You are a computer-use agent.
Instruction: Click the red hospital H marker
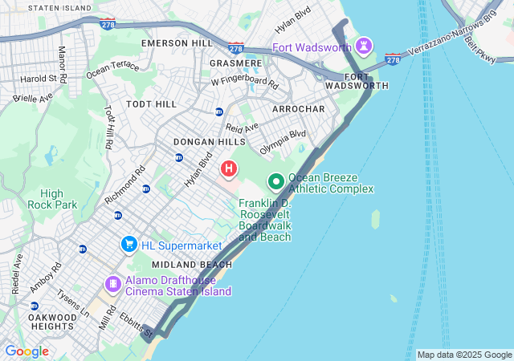229,168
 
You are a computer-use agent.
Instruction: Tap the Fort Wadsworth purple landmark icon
363,44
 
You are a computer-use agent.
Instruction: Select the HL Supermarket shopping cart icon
128,243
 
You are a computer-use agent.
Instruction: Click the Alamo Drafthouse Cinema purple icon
112,284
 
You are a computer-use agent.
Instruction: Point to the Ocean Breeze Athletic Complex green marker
275,182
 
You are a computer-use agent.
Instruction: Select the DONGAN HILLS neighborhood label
204,141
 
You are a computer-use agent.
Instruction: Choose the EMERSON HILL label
177,43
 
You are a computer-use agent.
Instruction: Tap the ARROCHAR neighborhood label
298,108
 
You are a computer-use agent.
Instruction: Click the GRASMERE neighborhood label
235,63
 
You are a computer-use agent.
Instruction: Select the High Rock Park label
58,199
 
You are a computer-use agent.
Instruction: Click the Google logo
27,351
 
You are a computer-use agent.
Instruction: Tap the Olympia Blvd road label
283,142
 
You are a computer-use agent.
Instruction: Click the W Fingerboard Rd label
245,83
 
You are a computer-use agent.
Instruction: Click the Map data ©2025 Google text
464,355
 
